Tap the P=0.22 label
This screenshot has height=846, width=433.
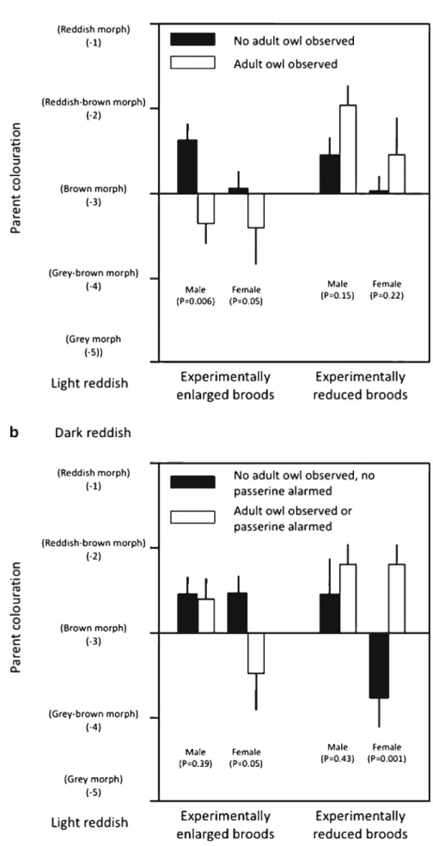coord(388,295)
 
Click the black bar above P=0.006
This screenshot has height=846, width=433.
coord(186,166)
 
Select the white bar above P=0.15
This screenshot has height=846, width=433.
coord(347,149)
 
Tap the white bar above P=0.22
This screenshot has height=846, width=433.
coord(397,173)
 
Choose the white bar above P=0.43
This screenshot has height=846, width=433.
coord(347,599)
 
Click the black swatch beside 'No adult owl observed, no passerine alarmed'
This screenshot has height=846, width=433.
coord(192,481)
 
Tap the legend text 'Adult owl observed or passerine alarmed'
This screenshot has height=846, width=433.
coord(285,517)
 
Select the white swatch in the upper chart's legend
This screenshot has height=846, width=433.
coord(192,63)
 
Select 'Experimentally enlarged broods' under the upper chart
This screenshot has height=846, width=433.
coord(226,386)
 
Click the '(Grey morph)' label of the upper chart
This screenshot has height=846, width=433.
coord(94,339)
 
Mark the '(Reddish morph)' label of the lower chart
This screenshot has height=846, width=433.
coord(94,472)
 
